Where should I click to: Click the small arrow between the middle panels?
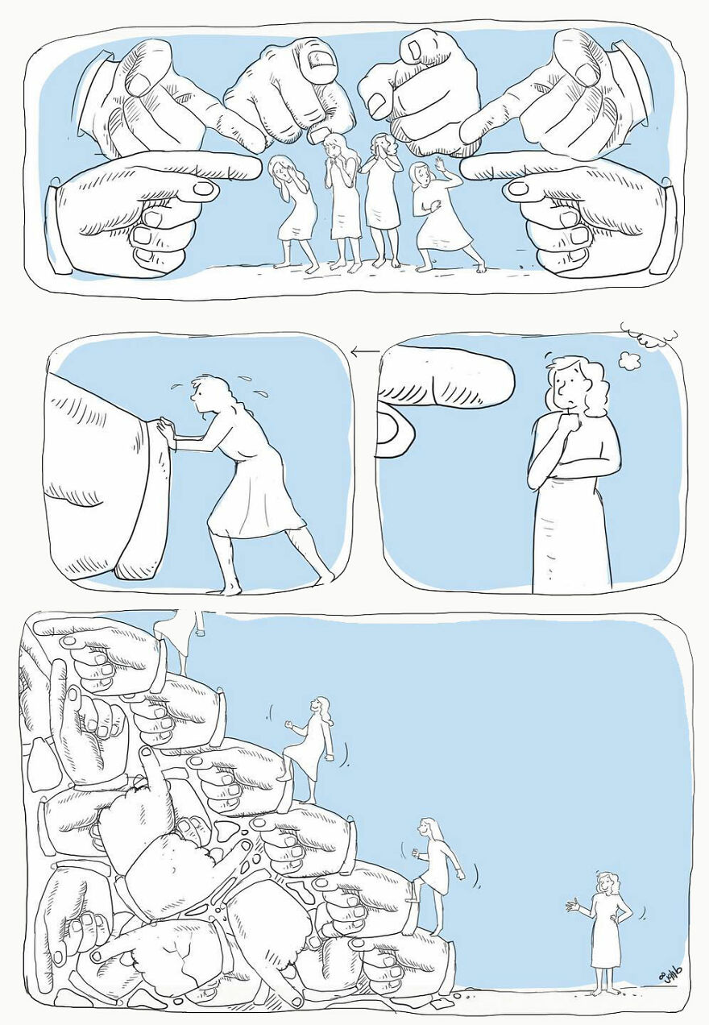pos(364,351)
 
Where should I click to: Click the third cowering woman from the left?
pos(383,197)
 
